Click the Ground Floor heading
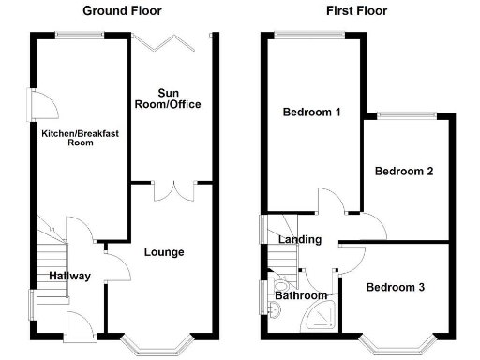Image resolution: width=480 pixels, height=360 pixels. click(122, 11)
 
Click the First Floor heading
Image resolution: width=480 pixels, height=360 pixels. click(357, 11)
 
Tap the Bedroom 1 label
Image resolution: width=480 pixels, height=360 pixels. click(311, 112)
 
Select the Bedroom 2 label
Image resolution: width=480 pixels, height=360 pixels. click(403, 172)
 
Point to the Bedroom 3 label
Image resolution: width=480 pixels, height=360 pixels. click(395, 287)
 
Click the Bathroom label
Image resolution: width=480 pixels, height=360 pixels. click(301, 296)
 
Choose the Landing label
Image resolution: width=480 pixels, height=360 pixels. click(300, 240)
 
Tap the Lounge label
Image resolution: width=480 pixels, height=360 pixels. click(164, 252)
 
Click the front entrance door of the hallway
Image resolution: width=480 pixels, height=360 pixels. click(79, 326)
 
